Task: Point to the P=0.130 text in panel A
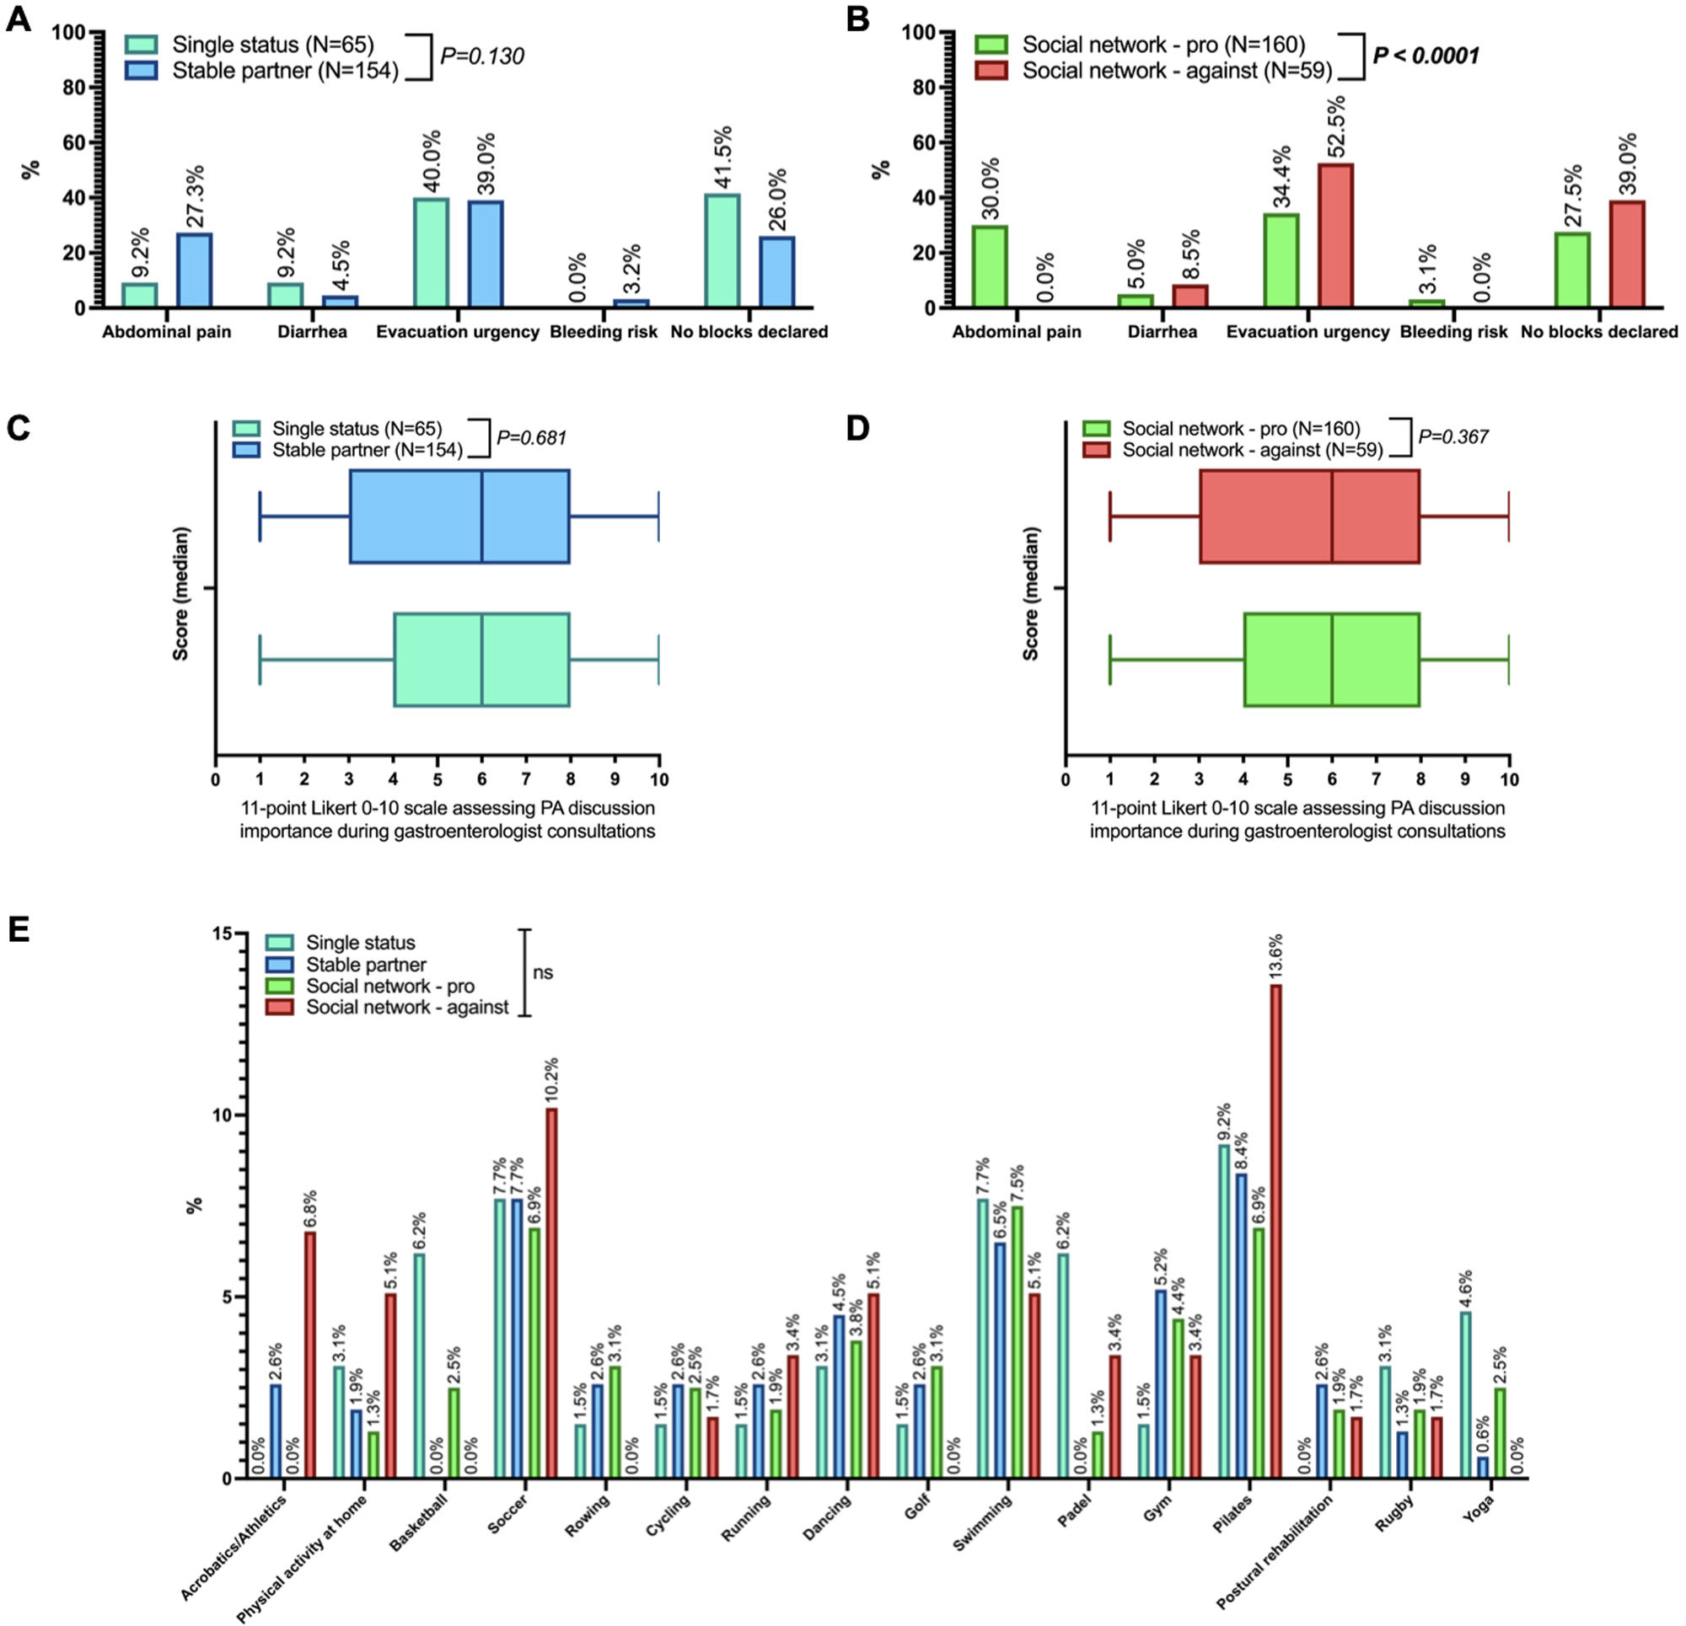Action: click(x=481, y=56)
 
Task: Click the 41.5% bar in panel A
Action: click(x=722, y=250)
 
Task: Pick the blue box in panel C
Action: click(x=459, y=516)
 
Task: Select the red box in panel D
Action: click(x=1309, y=516)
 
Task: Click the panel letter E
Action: click(x=18, y=930)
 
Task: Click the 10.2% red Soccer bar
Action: click(x=551, y=1293)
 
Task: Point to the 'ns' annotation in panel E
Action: click(x=543, y=972)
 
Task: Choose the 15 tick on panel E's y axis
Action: click(x=224, y=933)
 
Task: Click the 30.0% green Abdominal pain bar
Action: click(x=989, y=265)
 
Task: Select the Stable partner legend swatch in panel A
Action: click(x=141, y=71)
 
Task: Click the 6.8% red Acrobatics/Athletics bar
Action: click(x=310, y=1356)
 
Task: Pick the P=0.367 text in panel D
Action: click(x=1452, y=436)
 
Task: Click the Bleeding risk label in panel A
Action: click(x=603, y=332)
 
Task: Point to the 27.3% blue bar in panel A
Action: click(x=195, y=270)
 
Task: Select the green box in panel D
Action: click(x=1331, y=660)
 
